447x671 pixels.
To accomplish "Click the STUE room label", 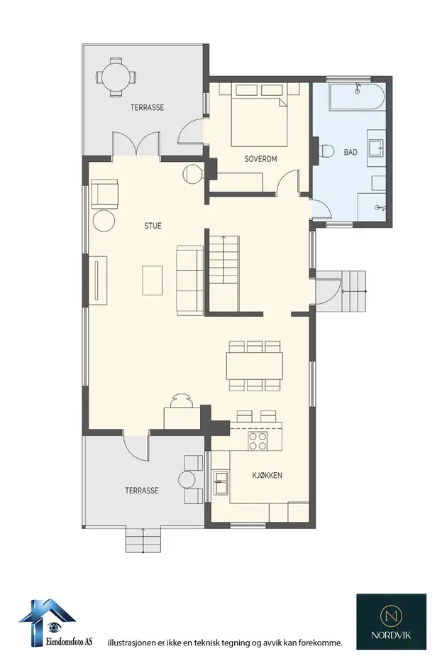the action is [153, 226].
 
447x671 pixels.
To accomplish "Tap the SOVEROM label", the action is [260, 159].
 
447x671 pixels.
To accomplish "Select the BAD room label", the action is [351, 152].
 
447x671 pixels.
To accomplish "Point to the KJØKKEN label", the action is [267, 475].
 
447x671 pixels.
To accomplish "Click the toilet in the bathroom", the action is [326, 151].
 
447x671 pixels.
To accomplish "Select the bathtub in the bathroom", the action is [357, 97].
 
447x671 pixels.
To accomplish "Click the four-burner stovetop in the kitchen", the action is [258, 441].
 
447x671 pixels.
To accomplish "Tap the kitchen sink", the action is [221, 482].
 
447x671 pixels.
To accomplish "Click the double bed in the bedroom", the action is [259, 115].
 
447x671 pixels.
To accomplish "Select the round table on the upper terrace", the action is [115, 77].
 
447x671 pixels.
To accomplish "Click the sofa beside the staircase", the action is [190, 280].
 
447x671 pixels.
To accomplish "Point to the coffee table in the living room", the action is [153, 280].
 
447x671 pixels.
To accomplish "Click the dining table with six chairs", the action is [255, 366].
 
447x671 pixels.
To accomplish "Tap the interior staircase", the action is [223, 273].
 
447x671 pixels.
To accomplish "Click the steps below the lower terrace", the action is [143, 539].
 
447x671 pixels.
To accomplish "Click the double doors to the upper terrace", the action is [136, 143].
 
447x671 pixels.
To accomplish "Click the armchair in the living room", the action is [104, 194].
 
